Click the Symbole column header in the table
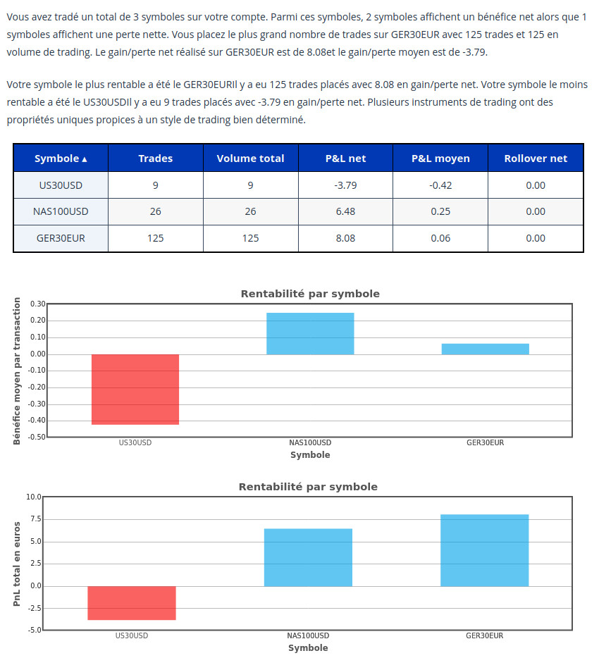[57, 159]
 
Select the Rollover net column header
[536, 159]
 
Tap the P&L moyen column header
[440, 159]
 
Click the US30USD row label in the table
[61, 185]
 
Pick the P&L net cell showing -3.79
[345, 185]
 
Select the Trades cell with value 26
[156, 211]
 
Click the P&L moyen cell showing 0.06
[440, 238]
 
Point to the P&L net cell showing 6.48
[345, 211]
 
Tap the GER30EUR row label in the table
[61, 238]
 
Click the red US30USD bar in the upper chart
[135, 389]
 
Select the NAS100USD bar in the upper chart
[310, 333]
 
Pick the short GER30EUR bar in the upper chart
[485, 349]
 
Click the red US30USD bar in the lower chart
[132, 603]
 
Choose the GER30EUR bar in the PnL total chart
[485, 550]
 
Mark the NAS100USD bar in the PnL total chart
[308, 557]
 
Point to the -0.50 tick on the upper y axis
[37, 437]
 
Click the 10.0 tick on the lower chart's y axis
[34, 497]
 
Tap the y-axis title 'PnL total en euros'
[18, 564]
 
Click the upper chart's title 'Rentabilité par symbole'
[310, 294]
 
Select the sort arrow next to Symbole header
[85, 159]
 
